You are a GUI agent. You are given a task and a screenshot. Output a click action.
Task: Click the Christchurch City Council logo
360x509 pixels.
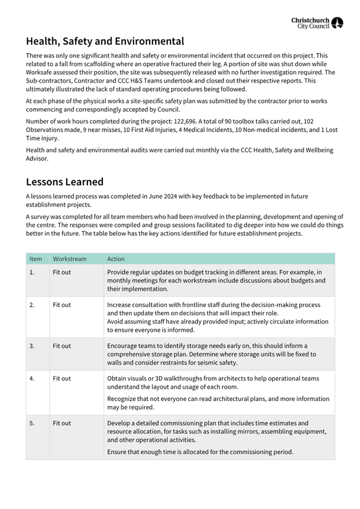point(317,23)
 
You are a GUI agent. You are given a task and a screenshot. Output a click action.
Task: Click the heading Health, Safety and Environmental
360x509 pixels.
point(105,41)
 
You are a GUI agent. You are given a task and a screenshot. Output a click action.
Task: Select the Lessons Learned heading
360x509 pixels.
point(65,182)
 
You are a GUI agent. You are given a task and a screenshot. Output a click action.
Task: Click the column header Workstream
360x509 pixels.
point(69,259)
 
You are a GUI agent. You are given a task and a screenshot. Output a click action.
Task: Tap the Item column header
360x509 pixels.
point(36,259)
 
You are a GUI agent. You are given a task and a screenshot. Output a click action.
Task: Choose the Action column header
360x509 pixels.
point(116,259)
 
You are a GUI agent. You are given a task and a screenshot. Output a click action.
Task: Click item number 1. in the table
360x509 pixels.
point(32,272)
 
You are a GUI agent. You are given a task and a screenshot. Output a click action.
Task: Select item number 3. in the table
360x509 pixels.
point(32,346)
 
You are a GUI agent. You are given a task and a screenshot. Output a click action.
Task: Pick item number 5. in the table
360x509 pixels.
point(32,423)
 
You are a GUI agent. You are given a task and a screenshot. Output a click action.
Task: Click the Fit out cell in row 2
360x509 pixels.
point(62,305)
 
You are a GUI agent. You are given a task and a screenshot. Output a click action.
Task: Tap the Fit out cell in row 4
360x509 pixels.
point(62,378)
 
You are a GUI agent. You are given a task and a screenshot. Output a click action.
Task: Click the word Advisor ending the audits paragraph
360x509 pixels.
point(38,158)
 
